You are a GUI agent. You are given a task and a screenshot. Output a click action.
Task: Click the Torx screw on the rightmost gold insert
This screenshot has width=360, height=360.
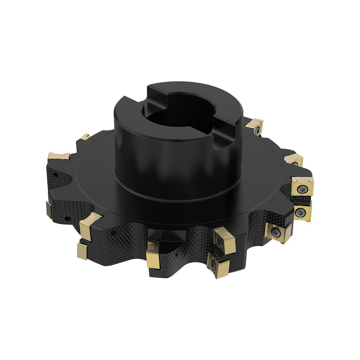tap(301, 187)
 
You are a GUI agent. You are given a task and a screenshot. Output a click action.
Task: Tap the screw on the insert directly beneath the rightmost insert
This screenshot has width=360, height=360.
tap(300, 213)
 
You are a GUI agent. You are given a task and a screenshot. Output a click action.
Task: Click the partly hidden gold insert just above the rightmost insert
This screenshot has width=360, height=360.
tap(293, 160)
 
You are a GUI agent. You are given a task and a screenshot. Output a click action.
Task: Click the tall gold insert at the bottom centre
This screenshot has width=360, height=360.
tap(153, 255)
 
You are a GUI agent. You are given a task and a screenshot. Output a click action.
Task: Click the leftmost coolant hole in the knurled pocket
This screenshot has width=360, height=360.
tap(56, 175)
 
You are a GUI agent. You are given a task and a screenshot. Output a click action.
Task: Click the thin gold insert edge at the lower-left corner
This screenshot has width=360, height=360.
tap(49, 209)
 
